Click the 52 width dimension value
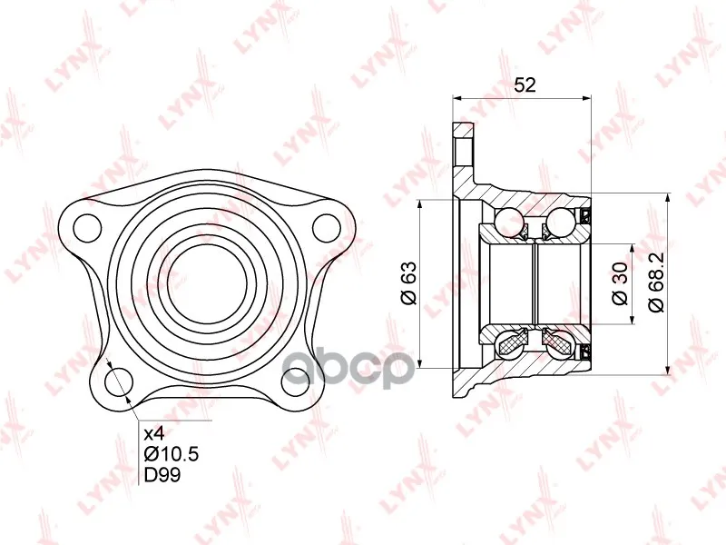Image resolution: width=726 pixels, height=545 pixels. [525, 84]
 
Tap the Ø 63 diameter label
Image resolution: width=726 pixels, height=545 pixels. [410, 283]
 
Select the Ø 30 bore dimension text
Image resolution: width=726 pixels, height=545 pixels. [621, 283]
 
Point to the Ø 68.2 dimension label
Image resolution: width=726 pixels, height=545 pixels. [656, 282]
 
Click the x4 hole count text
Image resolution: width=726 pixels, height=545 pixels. [154, 434]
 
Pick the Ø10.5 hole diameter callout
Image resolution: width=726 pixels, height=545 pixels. [172, 454]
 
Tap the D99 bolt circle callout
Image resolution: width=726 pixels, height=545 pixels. [162, 474]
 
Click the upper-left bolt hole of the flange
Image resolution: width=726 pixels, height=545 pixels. [87, 228]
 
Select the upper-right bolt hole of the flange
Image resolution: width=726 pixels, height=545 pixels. [327, 228]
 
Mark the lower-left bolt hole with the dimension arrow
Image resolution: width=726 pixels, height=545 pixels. [119, 381]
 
